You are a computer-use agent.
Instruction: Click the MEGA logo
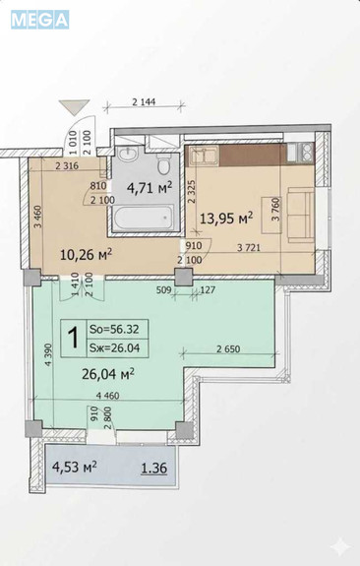[39, 20]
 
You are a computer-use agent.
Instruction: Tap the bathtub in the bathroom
[144, 218]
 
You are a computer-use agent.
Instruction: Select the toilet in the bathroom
[164, 164]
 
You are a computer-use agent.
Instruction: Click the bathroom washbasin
[127, 155]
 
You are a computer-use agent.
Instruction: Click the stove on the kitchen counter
[300, 153]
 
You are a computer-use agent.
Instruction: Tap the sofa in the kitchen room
[300, 215]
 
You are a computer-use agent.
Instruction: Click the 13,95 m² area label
[226, 218]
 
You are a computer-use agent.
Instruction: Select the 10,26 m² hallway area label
[86, 255]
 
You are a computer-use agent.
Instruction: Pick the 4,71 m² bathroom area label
[150, 187]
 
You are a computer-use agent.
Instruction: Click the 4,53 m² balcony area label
[75, 467]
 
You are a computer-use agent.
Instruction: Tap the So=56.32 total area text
[114, 329]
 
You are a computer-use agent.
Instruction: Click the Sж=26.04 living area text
[114, 348]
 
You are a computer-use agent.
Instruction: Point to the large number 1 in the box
[74, 338]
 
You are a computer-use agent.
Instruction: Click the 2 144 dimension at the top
[144, 101]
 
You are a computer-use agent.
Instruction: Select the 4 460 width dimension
[108, 396]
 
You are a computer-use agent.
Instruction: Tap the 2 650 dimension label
[228, 348]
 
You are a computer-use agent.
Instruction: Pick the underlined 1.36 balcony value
[154, 469]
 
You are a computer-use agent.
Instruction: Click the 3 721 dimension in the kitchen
[249, 248]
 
